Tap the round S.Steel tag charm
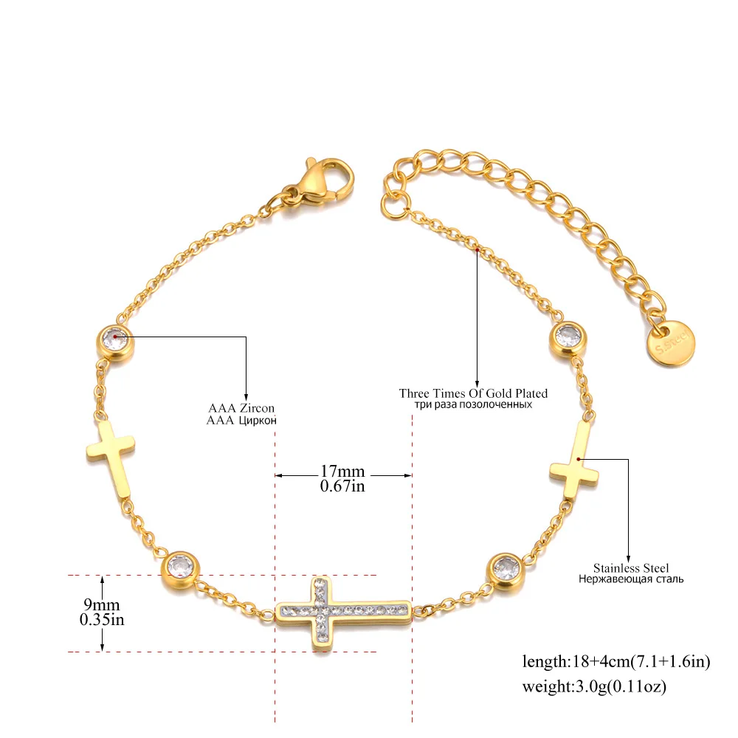coord(670,343)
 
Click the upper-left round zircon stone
coord(115,342)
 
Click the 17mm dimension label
coord(342,471)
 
